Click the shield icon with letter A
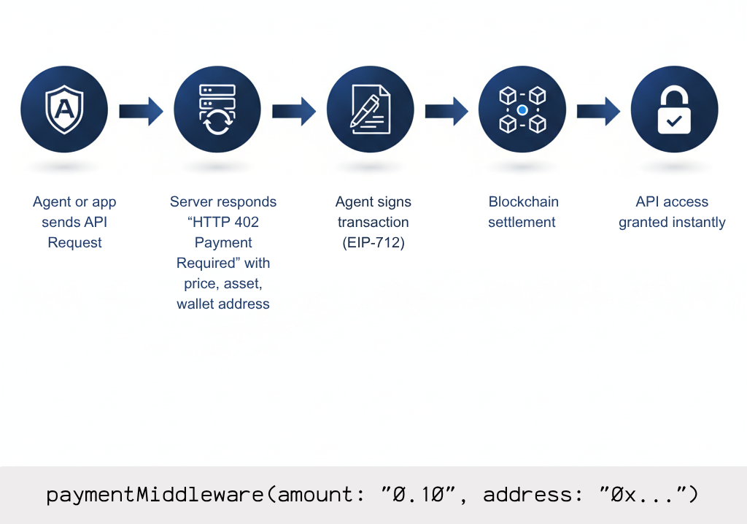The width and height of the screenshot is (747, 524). (x=64, y=109)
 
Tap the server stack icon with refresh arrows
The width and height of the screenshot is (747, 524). (x=217, y=109)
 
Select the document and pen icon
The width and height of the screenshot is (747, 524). (x=370, y=109)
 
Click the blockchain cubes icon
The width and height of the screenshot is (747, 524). (x=522, y=109)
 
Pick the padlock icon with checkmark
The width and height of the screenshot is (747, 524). (x=674, y=109)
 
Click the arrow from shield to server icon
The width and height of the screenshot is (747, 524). (x=141, y=111)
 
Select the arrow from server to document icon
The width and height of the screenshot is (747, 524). (x=294, y=111)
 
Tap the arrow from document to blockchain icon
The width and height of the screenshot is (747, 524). (x=446, y=111)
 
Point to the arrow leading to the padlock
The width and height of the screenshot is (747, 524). (x=598, y=111)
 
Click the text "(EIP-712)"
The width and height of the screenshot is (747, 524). (x=373, y=243)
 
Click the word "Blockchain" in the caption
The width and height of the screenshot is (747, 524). (x=523, y=202)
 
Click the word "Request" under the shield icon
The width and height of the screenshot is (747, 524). (x=74, y=243)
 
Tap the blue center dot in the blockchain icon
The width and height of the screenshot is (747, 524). (x=522, y=110)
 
